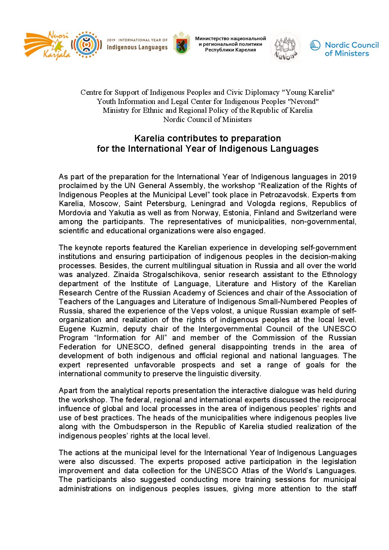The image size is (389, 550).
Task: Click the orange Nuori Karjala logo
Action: (47, 46)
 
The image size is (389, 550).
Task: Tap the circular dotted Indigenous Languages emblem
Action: (86, 45)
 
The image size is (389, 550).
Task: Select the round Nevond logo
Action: (285, 47)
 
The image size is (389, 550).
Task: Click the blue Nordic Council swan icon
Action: (315, 46)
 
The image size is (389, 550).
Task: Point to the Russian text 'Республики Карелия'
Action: (230, 50)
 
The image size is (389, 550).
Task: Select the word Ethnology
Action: (339, 274)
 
